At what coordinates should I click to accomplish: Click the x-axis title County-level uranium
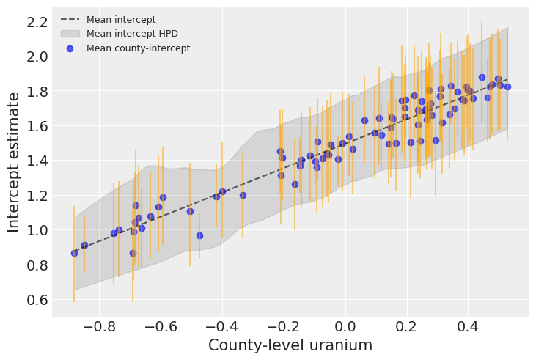(290, 345)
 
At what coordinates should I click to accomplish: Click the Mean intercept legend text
(121, 20)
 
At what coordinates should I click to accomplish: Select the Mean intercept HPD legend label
(132, 34)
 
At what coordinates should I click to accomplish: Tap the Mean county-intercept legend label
(138, 48)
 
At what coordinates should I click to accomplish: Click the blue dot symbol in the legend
(70, 48)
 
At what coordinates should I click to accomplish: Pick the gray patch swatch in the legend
(70, 34)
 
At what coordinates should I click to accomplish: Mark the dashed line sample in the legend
(70, 20)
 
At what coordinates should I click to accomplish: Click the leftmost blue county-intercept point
(74, 253)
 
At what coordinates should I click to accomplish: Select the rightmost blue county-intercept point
(507, 87)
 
